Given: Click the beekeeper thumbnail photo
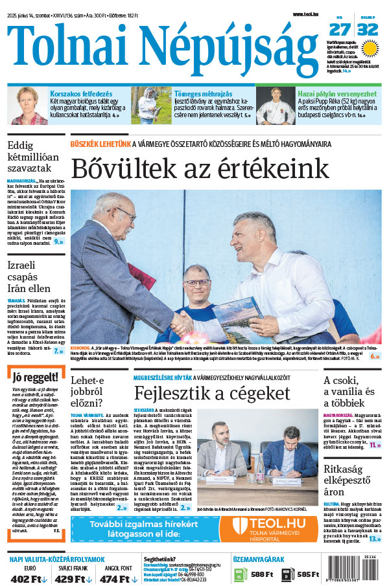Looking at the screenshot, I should (150, 106).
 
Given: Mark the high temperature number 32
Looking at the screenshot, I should (367, 29).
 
